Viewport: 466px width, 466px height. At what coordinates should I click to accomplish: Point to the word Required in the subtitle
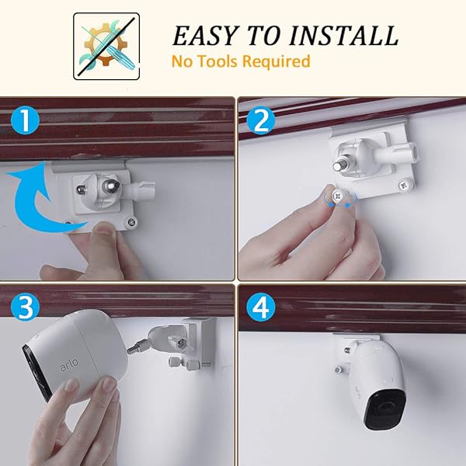pos(276,61)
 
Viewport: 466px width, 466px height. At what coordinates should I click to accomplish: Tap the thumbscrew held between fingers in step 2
pos(336,198)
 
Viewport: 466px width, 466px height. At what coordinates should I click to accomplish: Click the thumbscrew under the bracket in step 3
pos(176,363)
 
